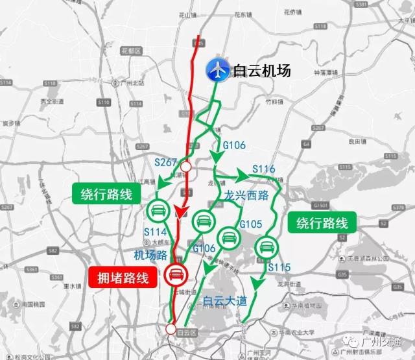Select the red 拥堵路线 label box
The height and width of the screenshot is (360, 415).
coord(123,278)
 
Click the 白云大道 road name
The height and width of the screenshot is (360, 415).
coord(224,300)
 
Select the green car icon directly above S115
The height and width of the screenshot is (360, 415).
coord(266,246)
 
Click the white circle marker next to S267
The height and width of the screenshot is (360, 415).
coord(186,167)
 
